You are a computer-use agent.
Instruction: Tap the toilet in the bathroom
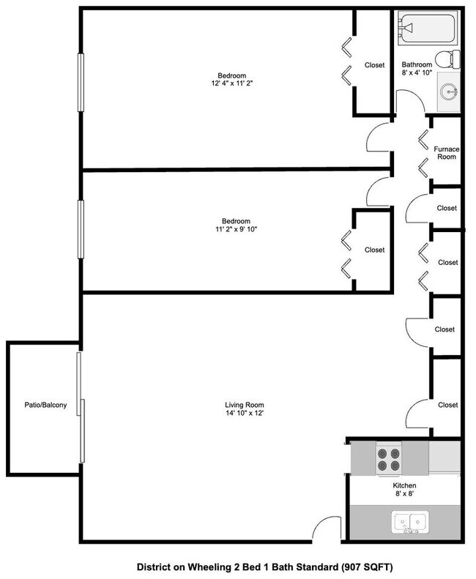445,59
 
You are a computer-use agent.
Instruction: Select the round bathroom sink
450,91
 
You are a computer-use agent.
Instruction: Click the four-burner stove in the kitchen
388,459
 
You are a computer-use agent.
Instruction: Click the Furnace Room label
447,154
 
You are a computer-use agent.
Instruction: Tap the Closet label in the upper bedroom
375,65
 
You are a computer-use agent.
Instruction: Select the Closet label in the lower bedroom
374,250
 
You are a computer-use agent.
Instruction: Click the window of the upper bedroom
81,81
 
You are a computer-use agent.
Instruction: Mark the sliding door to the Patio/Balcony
81,410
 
